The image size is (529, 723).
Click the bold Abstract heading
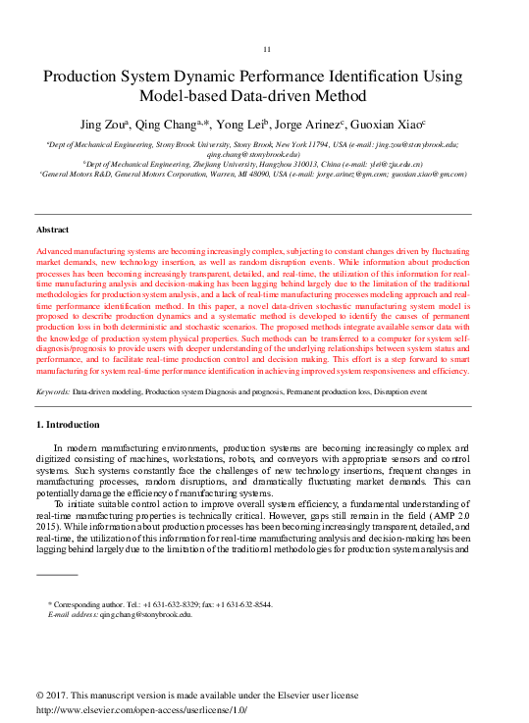53,229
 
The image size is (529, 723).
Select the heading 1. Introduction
68,425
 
